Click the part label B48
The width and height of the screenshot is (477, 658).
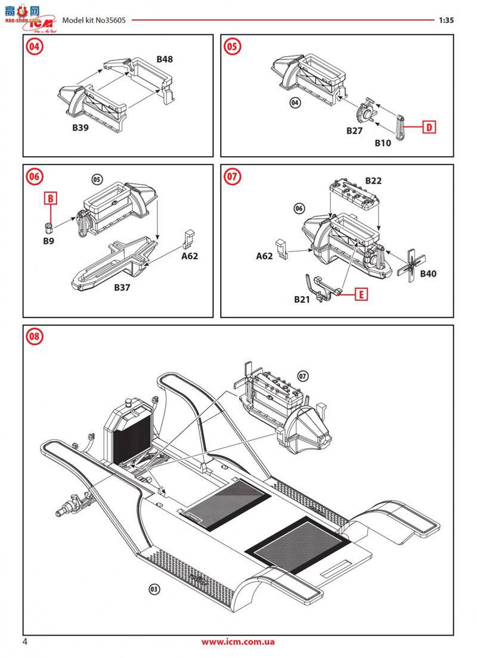165,60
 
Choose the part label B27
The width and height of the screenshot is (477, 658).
355,131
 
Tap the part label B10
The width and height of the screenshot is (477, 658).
383,143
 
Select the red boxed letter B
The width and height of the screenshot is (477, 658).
51,197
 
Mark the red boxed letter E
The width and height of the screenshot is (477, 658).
360,293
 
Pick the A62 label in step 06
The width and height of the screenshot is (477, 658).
190,256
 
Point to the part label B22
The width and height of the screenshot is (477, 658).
373,181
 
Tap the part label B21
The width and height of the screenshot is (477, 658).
302,299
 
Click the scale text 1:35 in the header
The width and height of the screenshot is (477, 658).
446,20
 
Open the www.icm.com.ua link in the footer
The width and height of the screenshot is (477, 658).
238,642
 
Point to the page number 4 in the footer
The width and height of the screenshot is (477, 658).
25,642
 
